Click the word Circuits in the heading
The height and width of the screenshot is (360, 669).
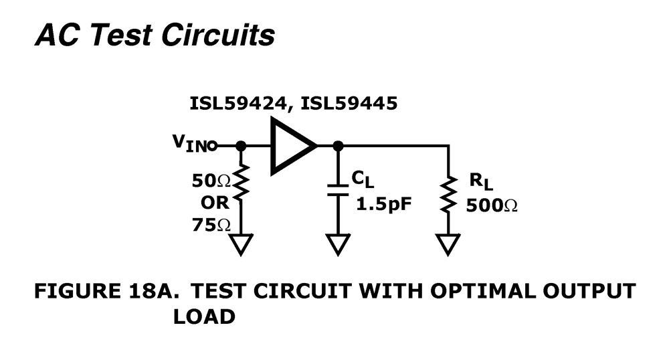point(217,35)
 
